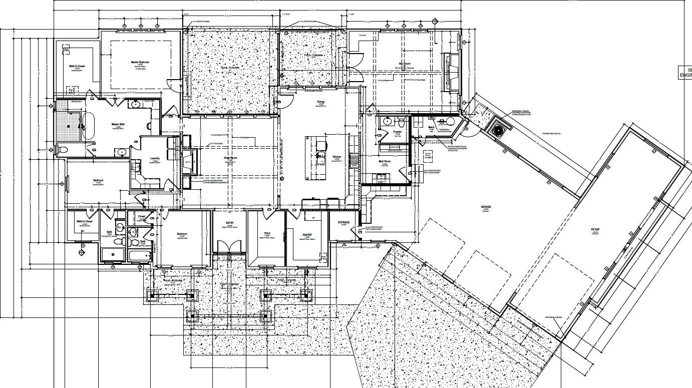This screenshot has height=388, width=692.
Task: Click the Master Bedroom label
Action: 140,63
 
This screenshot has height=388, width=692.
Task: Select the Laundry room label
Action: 155,158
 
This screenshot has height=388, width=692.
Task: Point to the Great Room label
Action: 230,158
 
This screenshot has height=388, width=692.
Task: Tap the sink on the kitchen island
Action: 320,159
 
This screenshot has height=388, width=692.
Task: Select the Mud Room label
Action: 385,162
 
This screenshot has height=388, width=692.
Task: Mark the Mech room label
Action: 431,127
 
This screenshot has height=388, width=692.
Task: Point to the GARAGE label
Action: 486,207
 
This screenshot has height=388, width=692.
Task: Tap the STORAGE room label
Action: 343,222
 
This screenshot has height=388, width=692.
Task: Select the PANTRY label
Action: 307,235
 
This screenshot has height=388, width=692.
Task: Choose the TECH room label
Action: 267,234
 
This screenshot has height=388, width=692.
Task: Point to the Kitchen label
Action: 337,157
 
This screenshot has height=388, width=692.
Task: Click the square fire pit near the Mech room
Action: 499,130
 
